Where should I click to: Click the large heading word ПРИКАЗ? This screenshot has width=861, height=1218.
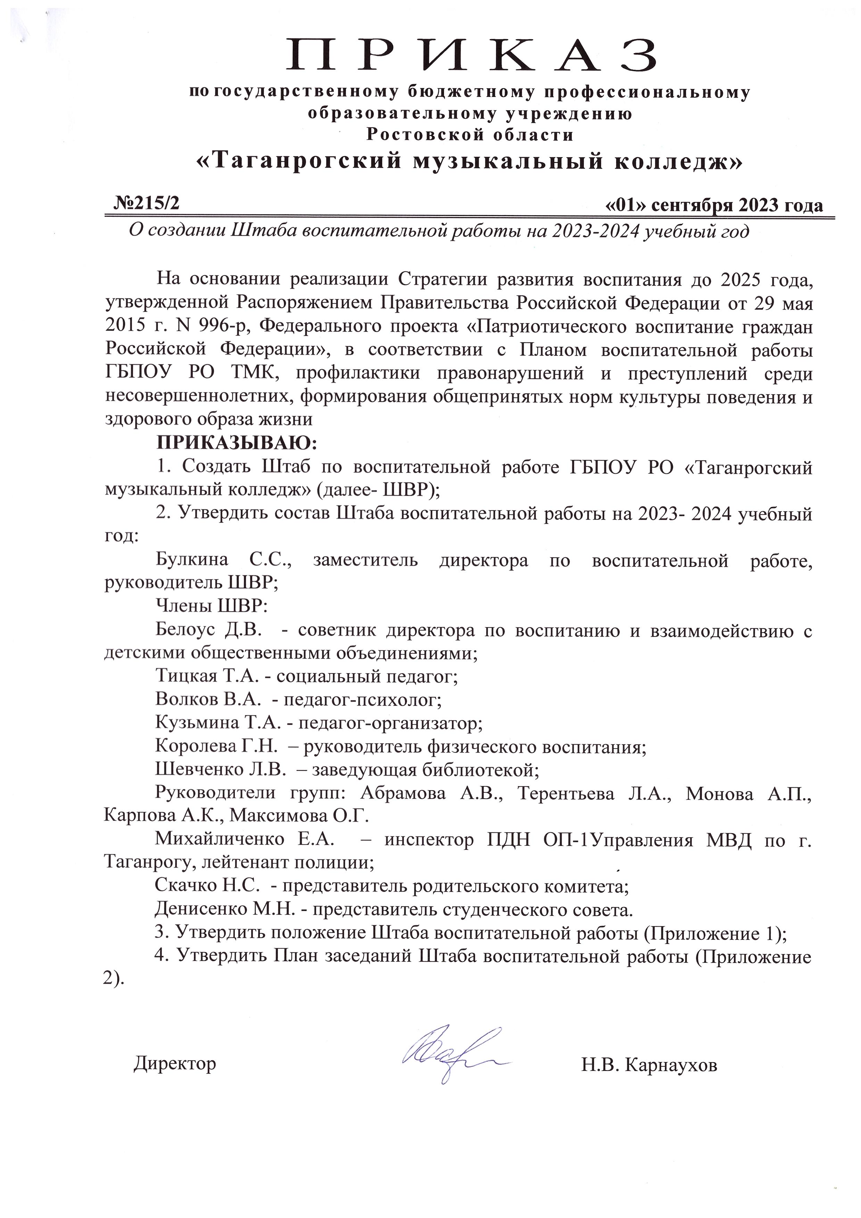tap(471, 55)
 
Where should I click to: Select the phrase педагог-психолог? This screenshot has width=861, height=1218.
tap(362, 700)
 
